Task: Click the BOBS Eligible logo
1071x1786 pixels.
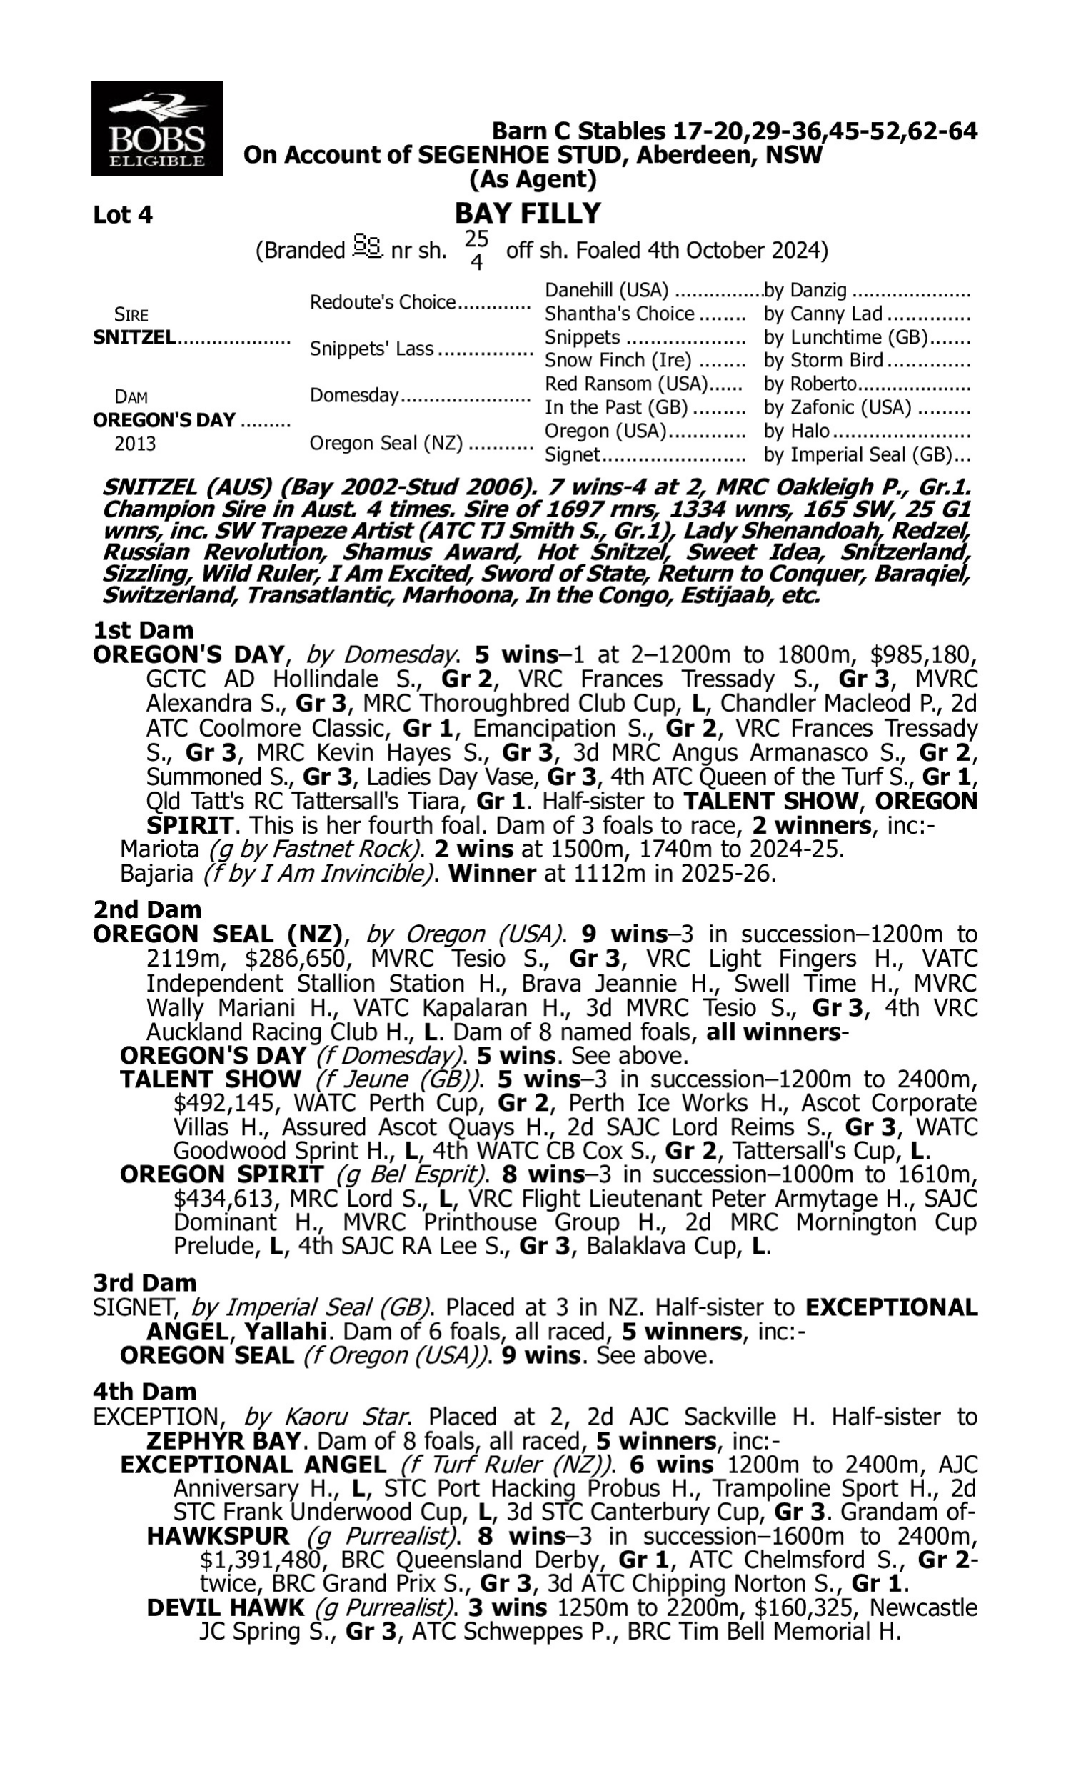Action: [156, 129]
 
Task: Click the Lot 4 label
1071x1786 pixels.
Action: [123, 215]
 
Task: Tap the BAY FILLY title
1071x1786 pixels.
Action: [528, 214]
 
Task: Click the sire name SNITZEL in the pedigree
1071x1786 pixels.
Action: [134, 337]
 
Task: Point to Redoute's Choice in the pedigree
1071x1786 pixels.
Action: [383, 301]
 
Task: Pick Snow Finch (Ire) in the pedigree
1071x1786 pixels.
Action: [618, 360]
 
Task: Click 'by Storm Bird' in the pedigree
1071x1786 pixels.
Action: [823, 360]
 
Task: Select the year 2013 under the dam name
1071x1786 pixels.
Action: [135, 443]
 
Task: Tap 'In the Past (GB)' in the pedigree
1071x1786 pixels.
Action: [616, 407]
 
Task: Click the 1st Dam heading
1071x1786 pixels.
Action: [144, 630]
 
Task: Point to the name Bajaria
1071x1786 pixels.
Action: [156, 874]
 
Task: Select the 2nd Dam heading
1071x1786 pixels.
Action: [147, 909]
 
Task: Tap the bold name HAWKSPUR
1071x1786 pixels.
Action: [217, 1536]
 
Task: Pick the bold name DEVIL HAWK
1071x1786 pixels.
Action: [225, 1608]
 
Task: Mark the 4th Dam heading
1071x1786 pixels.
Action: [144, 1392]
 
